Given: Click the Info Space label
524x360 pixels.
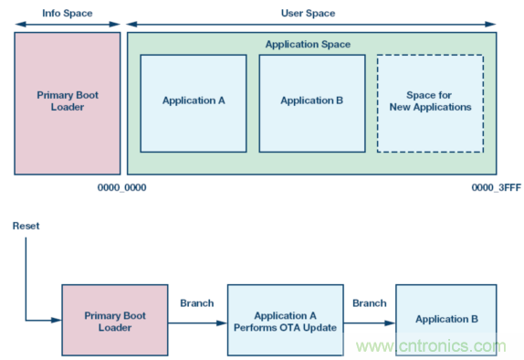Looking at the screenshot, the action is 68,14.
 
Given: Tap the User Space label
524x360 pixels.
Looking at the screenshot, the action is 308,14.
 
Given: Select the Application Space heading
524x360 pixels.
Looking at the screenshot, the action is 308,44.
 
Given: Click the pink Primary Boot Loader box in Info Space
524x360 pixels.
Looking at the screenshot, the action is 68,103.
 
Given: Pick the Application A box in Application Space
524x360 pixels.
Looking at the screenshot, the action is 194,103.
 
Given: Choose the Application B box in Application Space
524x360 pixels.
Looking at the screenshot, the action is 312,103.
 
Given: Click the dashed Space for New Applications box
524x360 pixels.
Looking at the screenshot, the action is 431,103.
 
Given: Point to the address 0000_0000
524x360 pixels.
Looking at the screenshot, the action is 121,187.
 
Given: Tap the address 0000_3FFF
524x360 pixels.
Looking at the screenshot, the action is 497,187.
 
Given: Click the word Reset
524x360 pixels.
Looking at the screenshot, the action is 26,226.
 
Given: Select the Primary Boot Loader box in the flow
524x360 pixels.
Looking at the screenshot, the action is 115,320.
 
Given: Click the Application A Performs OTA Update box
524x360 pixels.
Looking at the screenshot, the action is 286,320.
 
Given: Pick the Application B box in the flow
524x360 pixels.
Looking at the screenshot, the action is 446,320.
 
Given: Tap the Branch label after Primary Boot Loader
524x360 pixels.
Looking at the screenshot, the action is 197,303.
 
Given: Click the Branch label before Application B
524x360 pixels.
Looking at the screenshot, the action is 370,303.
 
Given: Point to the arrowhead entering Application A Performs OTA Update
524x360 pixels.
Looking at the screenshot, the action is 222,323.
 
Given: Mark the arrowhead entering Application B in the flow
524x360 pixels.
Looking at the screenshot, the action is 390,323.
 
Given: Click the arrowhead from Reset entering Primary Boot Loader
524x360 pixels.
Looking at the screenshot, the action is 57,320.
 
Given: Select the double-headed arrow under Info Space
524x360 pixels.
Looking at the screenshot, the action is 68,24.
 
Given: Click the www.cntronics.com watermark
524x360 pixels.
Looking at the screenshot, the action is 431,346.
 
